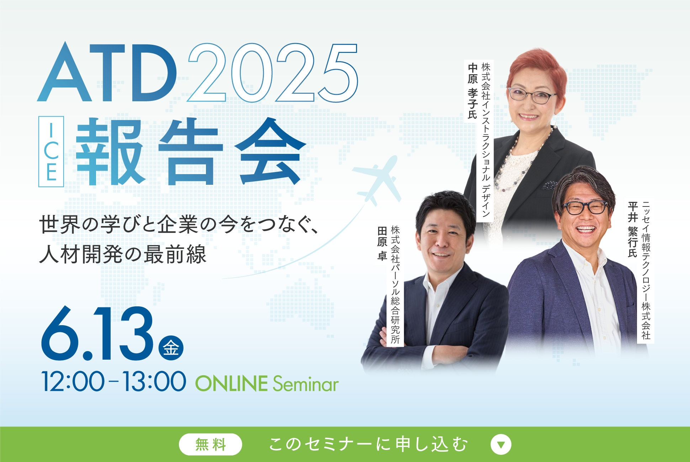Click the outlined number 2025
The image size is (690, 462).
point(272,73)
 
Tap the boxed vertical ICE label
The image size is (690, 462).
point(51,151)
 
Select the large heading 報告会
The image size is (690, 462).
point(190,152)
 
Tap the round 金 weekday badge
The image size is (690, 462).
point(171,348)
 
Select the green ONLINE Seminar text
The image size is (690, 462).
point(267,384)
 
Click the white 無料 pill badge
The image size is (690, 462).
point(210,444)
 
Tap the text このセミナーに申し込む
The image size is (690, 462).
point(368,444)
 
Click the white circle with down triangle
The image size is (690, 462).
point(501,444)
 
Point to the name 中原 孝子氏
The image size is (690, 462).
point(472,91)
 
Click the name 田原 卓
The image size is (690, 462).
point(382,244)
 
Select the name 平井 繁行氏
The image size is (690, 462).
point(632,230)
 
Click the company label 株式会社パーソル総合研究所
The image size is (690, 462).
point(395,285)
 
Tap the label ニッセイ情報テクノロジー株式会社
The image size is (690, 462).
point(646,270)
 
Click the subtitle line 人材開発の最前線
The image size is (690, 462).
point(123,254)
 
